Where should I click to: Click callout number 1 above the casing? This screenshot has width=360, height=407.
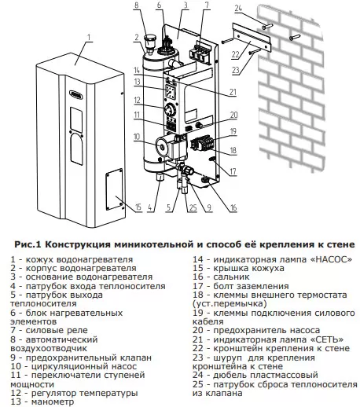89,37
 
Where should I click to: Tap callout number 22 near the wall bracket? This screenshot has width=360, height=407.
235,54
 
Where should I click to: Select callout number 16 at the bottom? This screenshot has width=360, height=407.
233,207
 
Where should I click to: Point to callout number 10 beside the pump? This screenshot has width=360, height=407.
137,137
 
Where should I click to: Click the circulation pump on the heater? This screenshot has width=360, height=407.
171,148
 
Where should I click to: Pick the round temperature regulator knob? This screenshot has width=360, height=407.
170,109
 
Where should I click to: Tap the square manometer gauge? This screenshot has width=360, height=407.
171,92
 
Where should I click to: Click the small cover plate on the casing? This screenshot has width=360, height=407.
114,189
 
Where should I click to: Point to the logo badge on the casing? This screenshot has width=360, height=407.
76,94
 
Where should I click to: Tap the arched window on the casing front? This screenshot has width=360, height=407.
76,149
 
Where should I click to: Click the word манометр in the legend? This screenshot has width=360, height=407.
53,401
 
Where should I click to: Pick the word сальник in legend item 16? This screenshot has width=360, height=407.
231,277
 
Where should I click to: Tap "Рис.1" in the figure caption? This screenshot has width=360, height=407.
28,244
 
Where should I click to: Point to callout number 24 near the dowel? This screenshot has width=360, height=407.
238,9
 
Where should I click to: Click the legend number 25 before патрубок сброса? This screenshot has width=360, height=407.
198,384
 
